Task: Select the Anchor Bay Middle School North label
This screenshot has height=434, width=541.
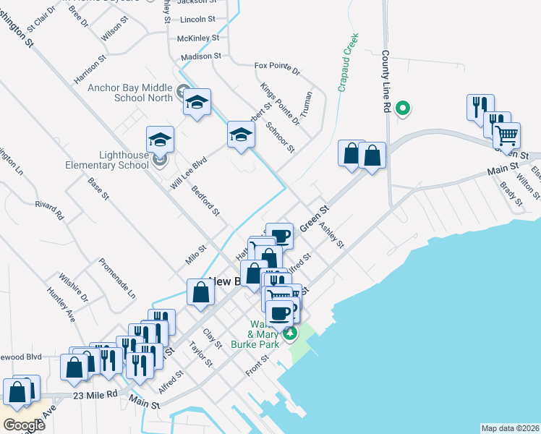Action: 130,93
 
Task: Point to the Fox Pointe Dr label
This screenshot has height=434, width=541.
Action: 277,69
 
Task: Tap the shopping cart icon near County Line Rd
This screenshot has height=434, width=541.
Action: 506,135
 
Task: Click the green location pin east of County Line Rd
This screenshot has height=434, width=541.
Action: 404,109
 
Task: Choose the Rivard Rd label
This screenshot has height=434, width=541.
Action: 49,210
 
